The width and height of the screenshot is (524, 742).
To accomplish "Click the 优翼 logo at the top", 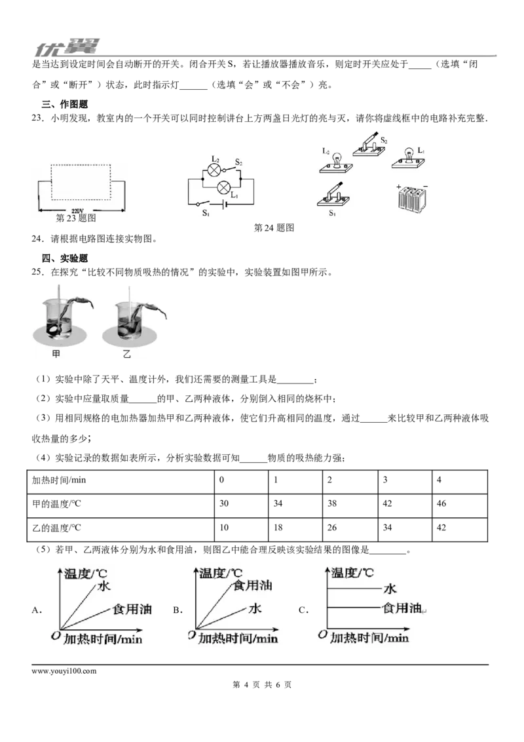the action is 67,47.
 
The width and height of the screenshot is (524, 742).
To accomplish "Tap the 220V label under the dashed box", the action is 77,211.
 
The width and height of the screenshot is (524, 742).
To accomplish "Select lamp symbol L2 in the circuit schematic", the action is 215,170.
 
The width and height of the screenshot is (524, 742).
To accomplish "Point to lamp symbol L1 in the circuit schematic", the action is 223,187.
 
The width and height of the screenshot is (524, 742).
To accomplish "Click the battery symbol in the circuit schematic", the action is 225,205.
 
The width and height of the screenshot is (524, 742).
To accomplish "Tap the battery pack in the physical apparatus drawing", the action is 413,198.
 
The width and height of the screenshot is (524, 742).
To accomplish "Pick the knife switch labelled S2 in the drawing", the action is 371,146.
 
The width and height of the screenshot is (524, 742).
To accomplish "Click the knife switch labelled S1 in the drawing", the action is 333,196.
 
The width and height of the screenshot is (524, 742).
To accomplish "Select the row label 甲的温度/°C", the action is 56,504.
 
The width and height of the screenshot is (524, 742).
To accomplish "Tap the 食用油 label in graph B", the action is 253,585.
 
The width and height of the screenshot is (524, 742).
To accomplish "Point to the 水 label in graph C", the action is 390,589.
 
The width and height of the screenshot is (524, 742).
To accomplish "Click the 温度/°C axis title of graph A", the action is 86,574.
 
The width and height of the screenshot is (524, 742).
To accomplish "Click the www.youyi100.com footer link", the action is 64,671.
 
